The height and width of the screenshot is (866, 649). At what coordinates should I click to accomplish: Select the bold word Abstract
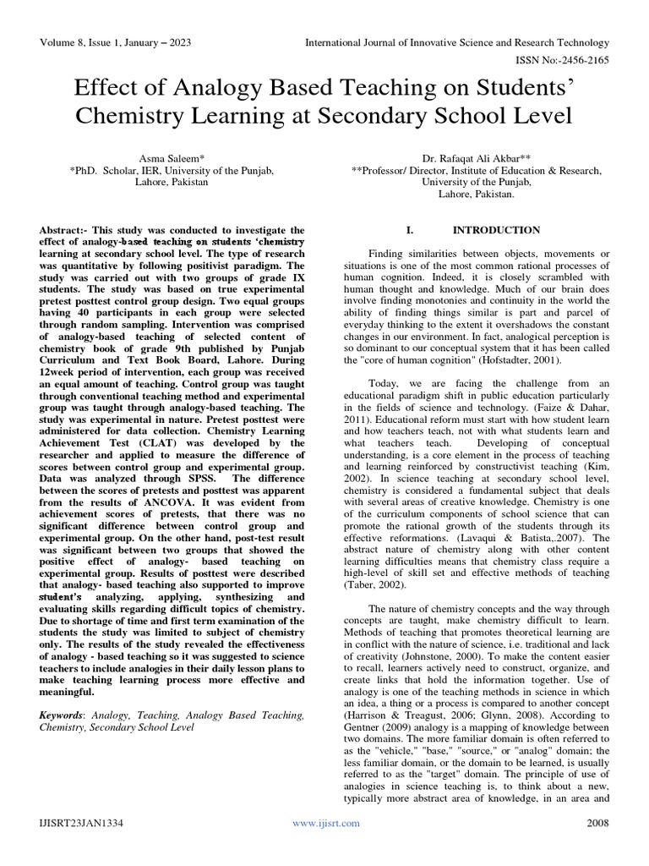(65, 230)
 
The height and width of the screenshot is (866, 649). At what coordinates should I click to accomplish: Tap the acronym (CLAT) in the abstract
(146, 453)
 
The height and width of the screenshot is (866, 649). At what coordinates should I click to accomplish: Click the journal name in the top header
(456, 42)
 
